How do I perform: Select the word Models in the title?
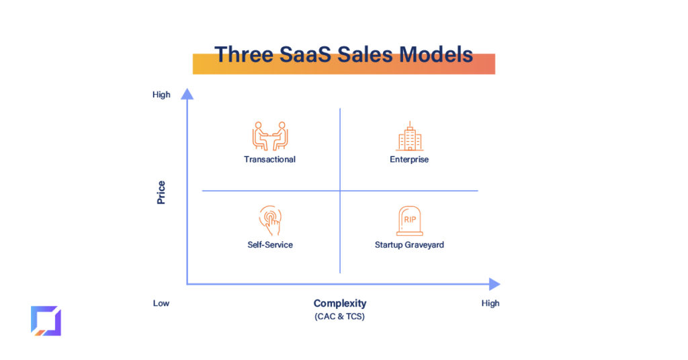click(435, 55)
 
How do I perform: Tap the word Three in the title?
click(243, 55)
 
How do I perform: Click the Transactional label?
click(269, 159)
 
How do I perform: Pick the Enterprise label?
click(409, 159)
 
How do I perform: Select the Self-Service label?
click(270, 244)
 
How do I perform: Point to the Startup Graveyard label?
click(409, 244)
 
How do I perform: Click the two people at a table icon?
click(270, 136)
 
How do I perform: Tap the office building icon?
click(409, 136)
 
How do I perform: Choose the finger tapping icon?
click(270, 220)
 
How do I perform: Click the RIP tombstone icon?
click(409, 221)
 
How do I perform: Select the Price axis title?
click(161, 193)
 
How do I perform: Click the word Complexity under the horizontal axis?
click(339, 304)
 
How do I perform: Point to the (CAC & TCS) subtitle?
click(339, 316)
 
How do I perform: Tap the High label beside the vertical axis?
click(161, 95)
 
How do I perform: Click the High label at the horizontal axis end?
click(490, 303)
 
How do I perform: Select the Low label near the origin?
click(161, 303)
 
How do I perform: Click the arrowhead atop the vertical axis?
click(187, 94)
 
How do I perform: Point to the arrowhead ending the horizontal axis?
click(494, 284)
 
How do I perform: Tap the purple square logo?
click(46, 321)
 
